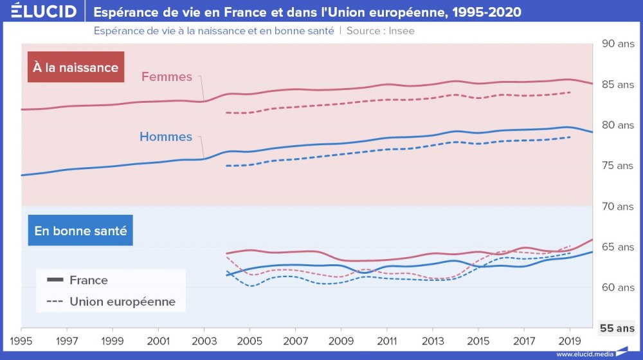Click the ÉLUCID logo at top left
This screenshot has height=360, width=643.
point(39,12)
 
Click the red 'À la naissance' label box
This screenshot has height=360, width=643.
point(76,67)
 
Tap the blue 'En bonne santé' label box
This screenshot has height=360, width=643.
point(80,230)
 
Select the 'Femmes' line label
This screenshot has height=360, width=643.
point(167,77)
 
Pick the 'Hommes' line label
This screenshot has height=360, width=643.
point(166,137)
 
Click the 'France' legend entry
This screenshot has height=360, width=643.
point(88,280)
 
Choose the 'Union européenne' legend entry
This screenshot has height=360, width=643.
point(122,301)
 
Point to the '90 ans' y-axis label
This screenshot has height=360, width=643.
point(617,44)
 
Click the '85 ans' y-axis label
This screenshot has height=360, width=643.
point(617,85)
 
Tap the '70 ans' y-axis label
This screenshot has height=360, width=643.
point(617,206)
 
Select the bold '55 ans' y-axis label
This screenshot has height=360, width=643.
point(617,328)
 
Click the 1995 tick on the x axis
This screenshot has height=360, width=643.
point(21,339)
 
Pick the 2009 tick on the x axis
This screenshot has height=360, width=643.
point(341,339)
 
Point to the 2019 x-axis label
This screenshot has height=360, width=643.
point(569,339)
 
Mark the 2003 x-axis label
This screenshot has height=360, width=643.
point(204,339)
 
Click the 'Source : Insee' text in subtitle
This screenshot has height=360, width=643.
point(380,31)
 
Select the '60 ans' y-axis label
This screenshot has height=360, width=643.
point(617,287)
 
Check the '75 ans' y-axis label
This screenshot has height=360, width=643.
point(617,166)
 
